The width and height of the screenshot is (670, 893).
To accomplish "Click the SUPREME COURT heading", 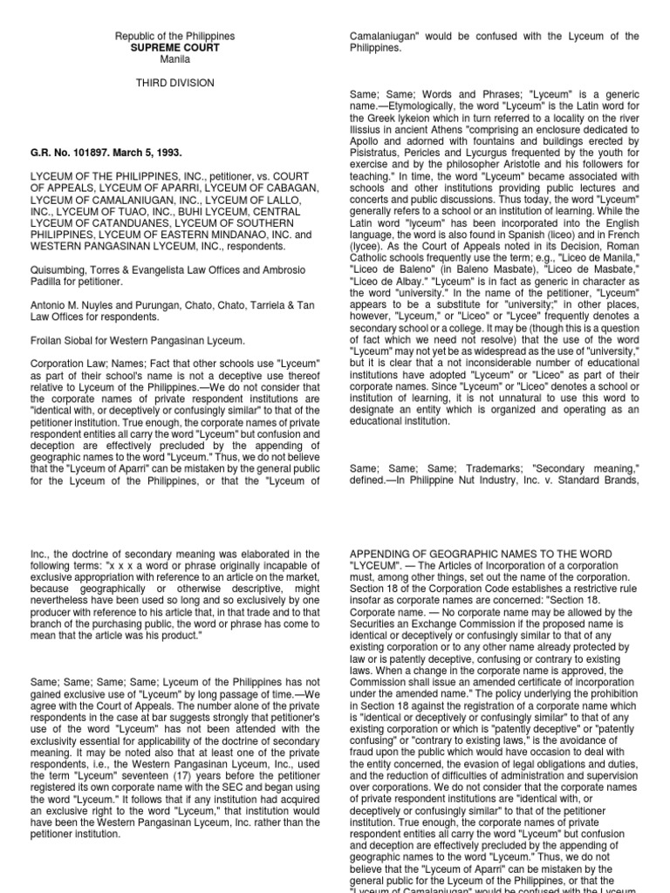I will click(x=174, y=49).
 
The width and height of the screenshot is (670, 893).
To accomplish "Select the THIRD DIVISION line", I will click(x=174, y=84).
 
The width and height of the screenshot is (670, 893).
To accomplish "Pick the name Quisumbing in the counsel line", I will click(x=60, y=270).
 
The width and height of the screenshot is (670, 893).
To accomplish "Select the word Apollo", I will click(x=366, y=141).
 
